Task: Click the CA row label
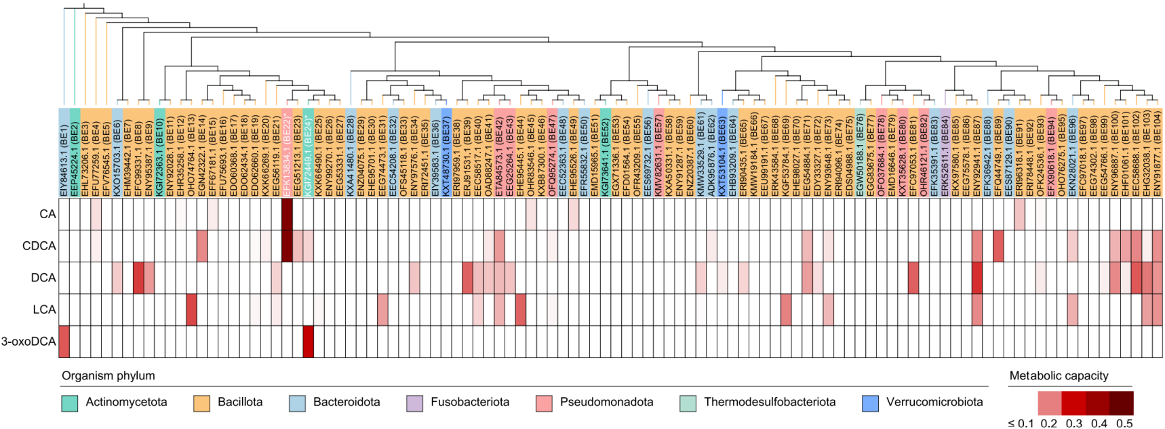click(47, 214)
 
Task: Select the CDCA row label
click(39, 246)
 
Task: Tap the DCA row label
click(43, 278)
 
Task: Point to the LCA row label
click(44, 310)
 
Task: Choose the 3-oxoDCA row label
click(28, 342)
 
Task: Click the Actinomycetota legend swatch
click(70, 403)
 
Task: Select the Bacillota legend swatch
click(201, 403)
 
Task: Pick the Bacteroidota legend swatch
click(297, 403)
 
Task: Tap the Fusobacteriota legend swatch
click(415, 403)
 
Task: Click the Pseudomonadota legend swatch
click(544, 403)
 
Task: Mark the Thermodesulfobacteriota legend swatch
click(688, 403)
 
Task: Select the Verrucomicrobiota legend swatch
click(870, 403)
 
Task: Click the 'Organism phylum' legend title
click(108, 375)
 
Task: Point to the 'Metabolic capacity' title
click(1059, 375)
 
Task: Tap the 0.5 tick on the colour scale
click(1124, 424)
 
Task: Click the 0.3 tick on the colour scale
click(1074, 424)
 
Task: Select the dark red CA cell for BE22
click(287, 214)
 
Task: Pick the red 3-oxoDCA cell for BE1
click(64, 342)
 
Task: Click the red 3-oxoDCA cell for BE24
click(308, 342)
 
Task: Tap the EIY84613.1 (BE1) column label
click(64, 153)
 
